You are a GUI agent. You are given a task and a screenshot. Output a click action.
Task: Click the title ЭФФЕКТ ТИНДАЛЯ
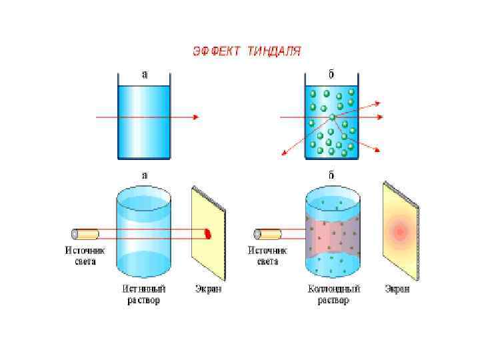247,51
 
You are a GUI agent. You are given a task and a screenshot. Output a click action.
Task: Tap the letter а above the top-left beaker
145,74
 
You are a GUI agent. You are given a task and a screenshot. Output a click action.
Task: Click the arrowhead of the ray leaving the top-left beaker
195,117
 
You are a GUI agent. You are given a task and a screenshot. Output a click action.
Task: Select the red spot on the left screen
207,233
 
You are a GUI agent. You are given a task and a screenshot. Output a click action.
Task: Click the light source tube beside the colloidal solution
267,234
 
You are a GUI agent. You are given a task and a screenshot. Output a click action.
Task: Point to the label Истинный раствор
144,295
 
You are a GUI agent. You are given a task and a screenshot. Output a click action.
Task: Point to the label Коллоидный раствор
333,295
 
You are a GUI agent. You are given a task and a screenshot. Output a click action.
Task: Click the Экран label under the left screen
209,289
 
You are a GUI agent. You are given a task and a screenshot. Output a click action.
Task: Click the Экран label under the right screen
398,289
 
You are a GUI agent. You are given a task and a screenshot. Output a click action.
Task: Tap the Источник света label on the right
267,256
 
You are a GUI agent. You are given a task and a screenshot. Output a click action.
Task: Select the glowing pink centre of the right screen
400,231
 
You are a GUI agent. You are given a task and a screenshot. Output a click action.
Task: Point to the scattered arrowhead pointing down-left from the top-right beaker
285,153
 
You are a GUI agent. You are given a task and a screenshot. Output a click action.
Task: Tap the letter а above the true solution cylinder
144,175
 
